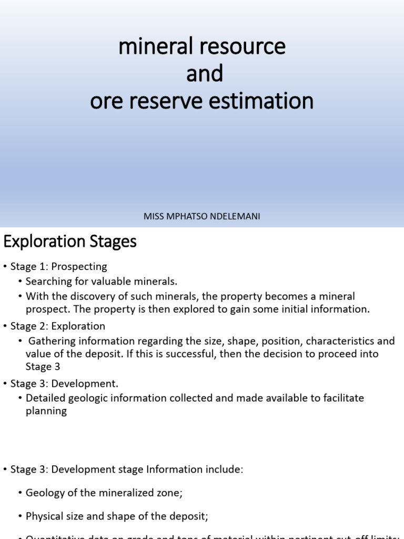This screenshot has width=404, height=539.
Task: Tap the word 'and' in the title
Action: click(x=205, y=74)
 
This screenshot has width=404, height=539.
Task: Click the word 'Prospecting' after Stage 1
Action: click(x=79, y=267)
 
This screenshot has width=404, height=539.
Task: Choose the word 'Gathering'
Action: click(x=51, y=341)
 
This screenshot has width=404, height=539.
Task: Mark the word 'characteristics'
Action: click(x=339, y=341)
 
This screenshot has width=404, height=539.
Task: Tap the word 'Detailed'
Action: click(x=46, y=398)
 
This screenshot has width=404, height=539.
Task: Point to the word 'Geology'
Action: click(x=43, y=493)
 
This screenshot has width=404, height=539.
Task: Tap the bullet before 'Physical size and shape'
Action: click(x=20, y=517)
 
